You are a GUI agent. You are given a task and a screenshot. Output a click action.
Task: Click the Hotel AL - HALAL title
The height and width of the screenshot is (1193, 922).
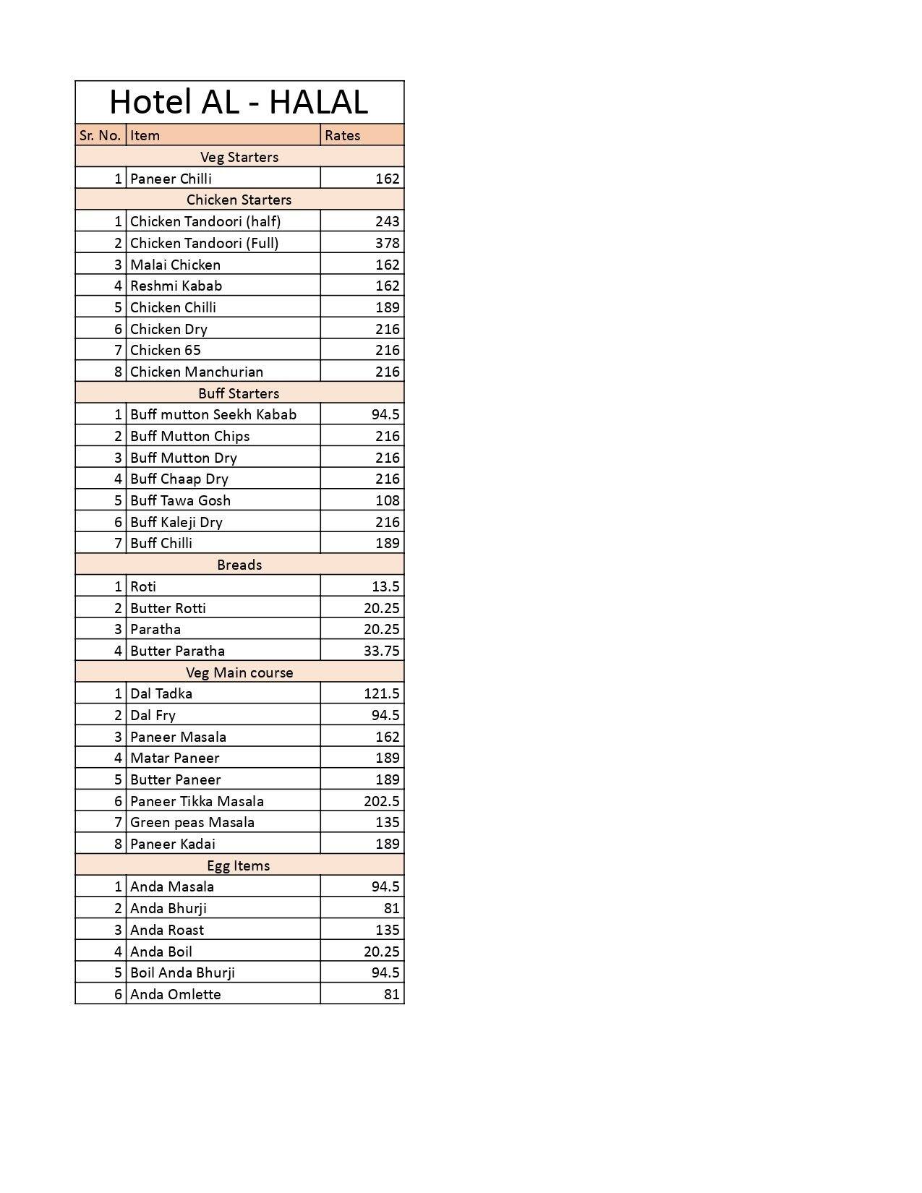(239, 102)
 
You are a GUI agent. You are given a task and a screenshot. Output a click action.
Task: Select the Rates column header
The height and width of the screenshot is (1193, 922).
(342, 135)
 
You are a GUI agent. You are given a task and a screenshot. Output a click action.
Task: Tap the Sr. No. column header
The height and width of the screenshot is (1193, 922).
(100, 135)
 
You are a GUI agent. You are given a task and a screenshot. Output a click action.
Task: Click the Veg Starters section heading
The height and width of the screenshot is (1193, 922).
(239, 157)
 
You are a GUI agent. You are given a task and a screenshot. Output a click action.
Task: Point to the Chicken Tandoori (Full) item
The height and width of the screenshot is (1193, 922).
(204, 243)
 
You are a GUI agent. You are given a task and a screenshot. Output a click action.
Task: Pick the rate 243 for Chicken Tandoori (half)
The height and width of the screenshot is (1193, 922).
(387, 221)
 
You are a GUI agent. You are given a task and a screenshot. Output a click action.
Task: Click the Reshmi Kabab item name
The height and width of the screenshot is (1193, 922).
(176, 286)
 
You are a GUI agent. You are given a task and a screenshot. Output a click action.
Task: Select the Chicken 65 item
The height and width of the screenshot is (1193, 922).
(166, 350)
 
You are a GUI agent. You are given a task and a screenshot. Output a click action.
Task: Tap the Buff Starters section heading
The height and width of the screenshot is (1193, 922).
(239, 393)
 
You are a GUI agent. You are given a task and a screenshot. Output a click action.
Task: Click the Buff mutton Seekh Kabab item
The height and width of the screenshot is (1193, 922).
(213, 414)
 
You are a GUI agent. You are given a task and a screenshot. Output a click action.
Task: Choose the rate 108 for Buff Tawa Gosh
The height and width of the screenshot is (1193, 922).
(387, 500)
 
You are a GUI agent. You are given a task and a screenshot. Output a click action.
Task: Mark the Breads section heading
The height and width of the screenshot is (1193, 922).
(239, 565)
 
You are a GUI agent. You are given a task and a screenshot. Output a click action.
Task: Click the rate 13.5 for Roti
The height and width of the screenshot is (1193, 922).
(385, 586)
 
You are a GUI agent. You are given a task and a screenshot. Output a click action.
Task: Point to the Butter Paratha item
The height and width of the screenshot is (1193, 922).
(177, 651)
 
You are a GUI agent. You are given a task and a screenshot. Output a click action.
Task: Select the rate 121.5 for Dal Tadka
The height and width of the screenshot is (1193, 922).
(381, 693)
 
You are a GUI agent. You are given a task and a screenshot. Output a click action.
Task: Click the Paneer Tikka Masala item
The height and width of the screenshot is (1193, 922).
(197, 801)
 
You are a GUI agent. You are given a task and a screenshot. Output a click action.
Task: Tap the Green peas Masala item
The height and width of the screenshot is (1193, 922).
(192, 822)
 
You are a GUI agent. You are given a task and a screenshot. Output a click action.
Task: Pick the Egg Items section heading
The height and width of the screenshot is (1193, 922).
(239, 865)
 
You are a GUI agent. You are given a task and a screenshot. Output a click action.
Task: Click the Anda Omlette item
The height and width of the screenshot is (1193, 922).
(176, 994)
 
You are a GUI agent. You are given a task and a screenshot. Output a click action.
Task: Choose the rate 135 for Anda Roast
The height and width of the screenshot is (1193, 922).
(387, 930)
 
